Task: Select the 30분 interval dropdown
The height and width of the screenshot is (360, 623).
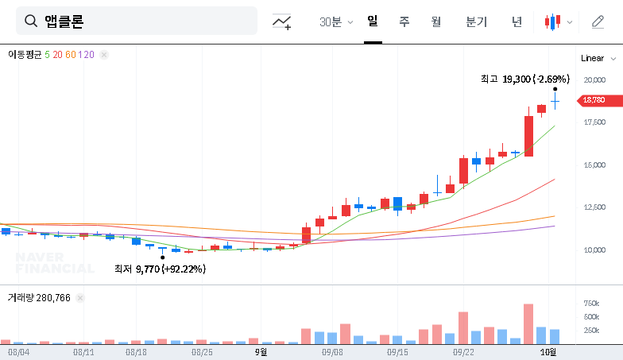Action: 335,21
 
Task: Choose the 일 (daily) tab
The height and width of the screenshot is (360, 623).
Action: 372,21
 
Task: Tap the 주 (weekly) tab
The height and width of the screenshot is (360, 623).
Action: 404,21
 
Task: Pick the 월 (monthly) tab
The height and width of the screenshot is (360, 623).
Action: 435,21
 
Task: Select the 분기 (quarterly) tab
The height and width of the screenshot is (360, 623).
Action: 476,21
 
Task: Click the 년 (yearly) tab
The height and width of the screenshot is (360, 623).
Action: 517,21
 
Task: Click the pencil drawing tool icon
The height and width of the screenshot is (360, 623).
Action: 598,21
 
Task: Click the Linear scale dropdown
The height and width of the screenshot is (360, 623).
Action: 598,58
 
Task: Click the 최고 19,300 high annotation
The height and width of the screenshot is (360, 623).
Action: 524,79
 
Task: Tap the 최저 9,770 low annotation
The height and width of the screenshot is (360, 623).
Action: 160,269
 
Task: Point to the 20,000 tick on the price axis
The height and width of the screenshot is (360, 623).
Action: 594,80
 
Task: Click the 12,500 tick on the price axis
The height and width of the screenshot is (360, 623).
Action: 594,207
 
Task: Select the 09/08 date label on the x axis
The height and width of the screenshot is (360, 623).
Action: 332,350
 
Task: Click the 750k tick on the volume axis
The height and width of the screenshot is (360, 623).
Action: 591,304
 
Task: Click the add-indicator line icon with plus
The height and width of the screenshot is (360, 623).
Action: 281,22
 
